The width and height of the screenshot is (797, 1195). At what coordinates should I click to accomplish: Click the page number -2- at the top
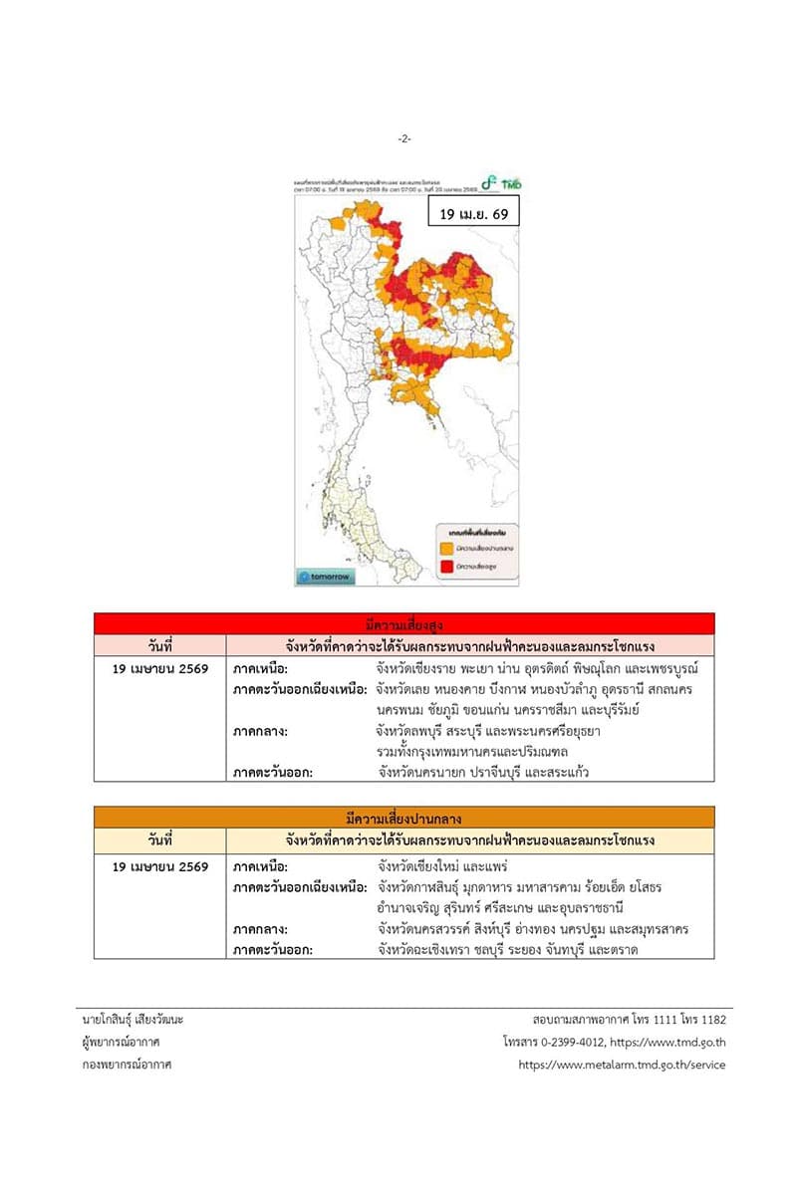(x=404, y=138)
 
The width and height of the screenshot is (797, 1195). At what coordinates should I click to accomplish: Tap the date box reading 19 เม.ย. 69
(x=473, y=214)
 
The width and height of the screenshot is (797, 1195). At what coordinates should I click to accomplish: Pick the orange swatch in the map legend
(x=445, y=548)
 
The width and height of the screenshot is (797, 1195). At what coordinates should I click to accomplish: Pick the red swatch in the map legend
(x=445, y=567)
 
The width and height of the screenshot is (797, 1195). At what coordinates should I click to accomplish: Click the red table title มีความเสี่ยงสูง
(x=403, y=623)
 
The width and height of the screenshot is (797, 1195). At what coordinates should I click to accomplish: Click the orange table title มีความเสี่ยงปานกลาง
(x=403, y=819)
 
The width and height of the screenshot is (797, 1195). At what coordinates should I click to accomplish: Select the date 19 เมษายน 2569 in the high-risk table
(x=160, y=668)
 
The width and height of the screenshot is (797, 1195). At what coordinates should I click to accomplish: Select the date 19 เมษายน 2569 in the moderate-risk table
(x=160, y=866)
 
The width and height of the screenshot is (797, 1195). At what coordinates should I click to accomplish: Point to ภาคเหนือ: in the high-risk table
(x=260, y=668)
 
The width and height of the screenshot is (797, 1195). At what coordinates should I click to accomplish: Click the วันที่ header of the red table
(x=160, y=644)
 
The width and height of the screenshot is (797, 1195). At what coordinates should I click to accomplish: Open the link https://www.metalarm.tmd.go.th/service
(x=622, y=1065)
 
